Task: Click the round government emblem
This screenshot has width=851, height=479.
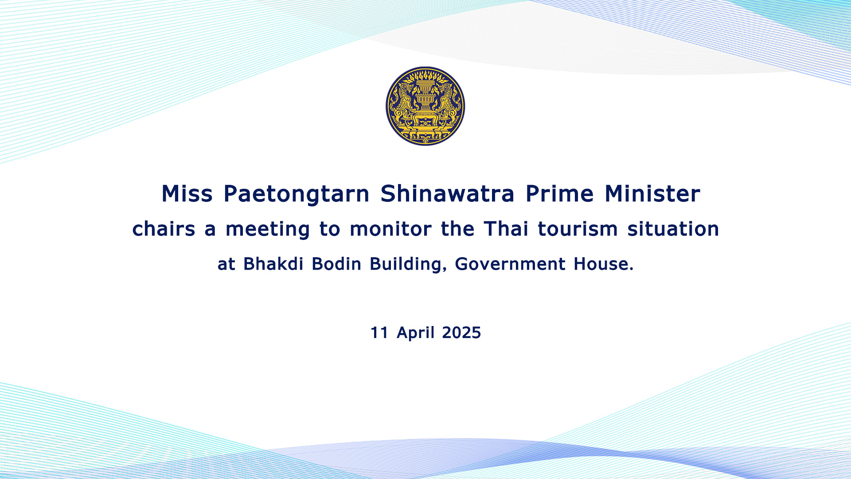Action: (x=425, y=106)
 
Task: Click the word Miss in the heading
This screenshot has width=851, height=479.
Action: (x=187, y=194)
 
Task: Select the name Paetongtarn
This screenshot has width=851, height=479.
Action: (x=297, y=194)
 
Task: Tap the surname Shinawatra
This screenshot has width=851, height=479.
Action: (x=447, y=194)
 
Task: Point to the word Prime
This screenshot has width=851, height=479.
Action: (x=559, y=194)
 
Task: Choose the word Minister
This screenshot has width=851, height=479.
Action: (x=652, y=194)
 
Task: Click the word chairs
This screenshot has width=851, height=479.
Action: (x=164, y=229)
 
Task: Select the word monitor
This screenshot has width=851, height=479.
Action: (x=390, y=229)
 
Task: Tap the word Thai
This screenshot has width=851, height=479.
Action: (x=506, y=228)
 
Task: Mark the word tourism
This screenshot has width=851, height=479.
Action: (x=578, y=229)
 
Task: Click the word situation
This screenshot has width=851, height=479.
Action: (x=673, y=229)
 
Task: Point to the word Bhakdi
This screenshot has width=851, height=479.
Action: (x=273, y=263)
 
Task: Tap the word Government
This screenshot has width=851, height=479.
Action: (x=510, y=263)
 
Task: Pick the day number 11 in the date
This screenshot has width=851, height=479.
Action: (x=379, y=333)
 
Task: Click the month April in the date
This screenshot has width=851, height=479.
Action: (x=415, y=333)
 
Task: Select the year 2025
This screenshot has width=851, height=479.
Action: (x=461, y=333)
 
